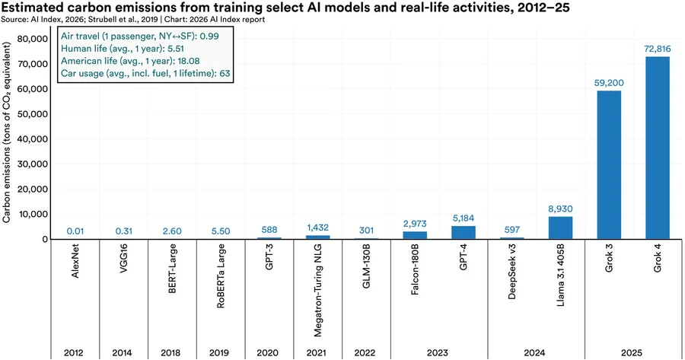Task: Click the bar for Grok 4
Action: coord(658,148)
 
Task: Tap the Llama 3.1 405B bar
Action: coord(560,228)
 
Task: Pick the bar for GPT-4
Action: coord(463,232)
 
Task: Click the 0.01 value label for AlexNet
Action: coord(74,231)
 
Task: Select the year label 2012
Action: coord(74,352)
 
